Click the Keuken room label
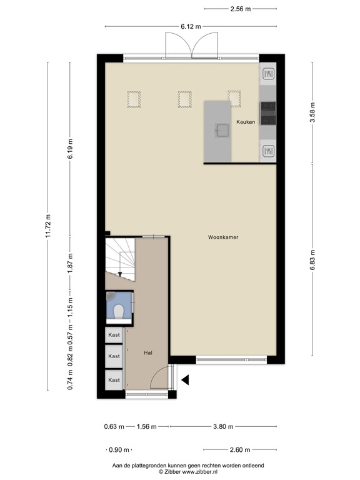pyautogui.click(x=245, y=122)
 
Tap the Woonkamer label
pyautogui.click(x=224, y=237)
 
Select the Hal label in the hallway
pyautogui.click(x=148, y=352)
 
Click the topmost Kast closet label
pyautogui.click(x=114, y=336)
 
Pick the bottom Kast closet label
pyautogui.click(x=114, y=379)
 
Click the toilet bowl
pyautogui.click(x=120, y=310)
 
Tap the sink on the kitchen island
pyautogui.click(x=221, y=130)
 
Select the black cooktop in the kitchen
pyautogui.click(x=268, y=112)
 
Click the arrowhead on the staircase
pyautogui.click(x=120, y=272)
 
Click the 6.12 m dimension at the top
pyautogui.click(x=191, y=26)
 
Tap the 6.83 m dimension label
pyautogui.click(x=312, y=257)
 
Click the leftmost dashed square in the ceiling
pyautogui.click(x=134, y=99)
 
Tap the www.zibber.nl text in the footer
pyautogui.click(x=199, y=472)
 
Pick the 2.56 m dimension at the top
pyautogui.click(x=241, y=9)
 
